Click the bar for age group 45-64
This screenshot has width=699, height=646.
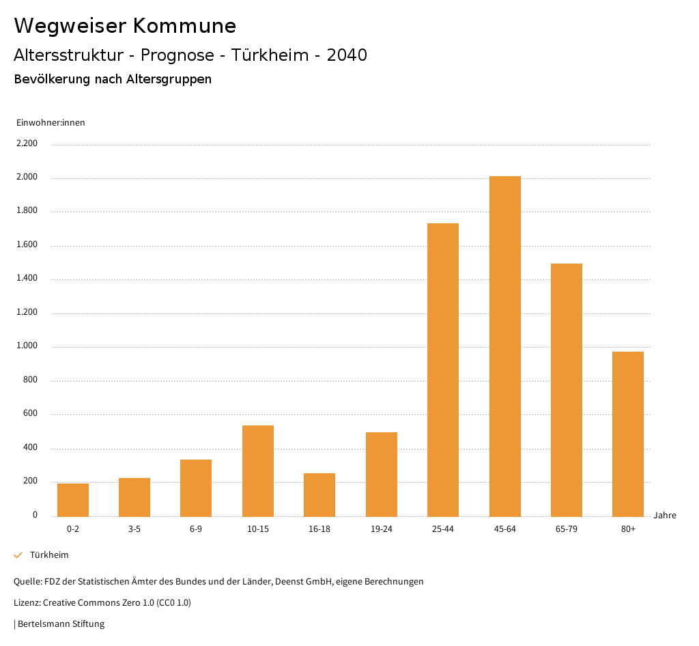[504, 346]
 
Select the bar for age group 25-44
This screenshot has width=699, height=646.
[443, 369]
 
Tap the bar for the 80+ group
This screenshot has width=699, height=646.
[628, 434]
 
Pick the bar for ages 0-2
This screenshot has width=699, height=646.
[73, 500]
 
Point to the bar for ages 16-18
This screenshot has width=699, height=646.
[319, 494]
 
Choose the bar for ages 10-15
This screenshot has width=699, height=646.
[258, 471]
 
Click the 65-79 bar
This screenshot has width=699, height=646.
[567, 390]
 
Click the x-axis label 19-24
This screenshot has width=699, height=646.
[381, 529]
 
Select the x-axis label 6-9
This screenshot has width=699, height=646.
[196, 529]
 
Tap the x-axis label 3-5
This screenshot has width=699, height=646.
[134, 529]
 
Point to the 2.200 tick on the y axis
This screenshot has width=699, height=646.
[27, 144]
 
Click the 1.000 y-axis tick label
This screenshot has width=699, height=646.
[27, 346]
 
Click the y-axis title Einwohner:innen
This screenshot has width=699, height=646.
[51, 123]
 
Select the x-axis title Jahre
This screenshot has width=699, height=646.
[665, 516]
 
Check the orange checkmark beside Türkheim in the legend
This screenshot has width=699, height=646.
[18, 555]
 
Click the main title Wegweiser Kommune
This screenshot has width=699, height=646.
[125, 26]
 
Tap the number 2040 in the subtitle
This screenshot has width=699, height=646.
[347, 55]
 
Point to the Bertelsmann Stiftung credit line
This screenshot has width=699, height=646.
[60, 624]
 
